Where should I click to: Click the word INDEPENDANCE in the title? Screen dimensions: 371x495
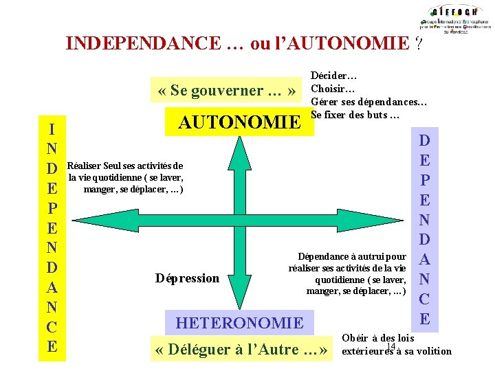click(x=144, y=44)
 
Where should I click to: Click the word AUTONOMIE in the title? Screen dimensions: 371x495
click(x=353, y=44)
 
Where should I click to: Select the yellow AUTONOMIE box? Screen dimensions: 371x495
click(x=239, y=122)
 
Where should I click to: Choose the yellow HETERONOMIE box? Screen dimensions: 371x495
click(x=239, y=323)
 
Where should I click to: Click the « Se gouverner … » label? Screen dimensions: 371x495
click(x=227, y=90)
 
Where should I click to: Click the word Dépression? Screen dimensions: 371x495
click(x=187, y=278)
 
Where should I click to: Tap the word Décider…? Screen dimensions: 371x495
click(x=333, y=76)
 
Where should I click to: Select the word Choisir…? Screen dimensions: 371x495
click(x=333, y=89)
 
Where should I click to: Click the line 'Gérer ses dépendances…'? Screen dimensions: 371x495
click(x=369, y=102)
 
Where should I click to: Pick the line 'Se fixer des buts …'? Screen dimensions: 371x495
click(x=355, y=115)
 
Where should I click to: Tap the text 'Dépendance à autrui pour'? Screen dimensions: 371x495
click(x=351, y=256)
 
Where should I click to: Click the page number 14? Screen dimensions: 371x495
click(x=391, y=346)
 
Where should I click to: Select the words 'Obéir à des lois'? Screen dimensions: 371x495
click(x=377, y=338)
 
